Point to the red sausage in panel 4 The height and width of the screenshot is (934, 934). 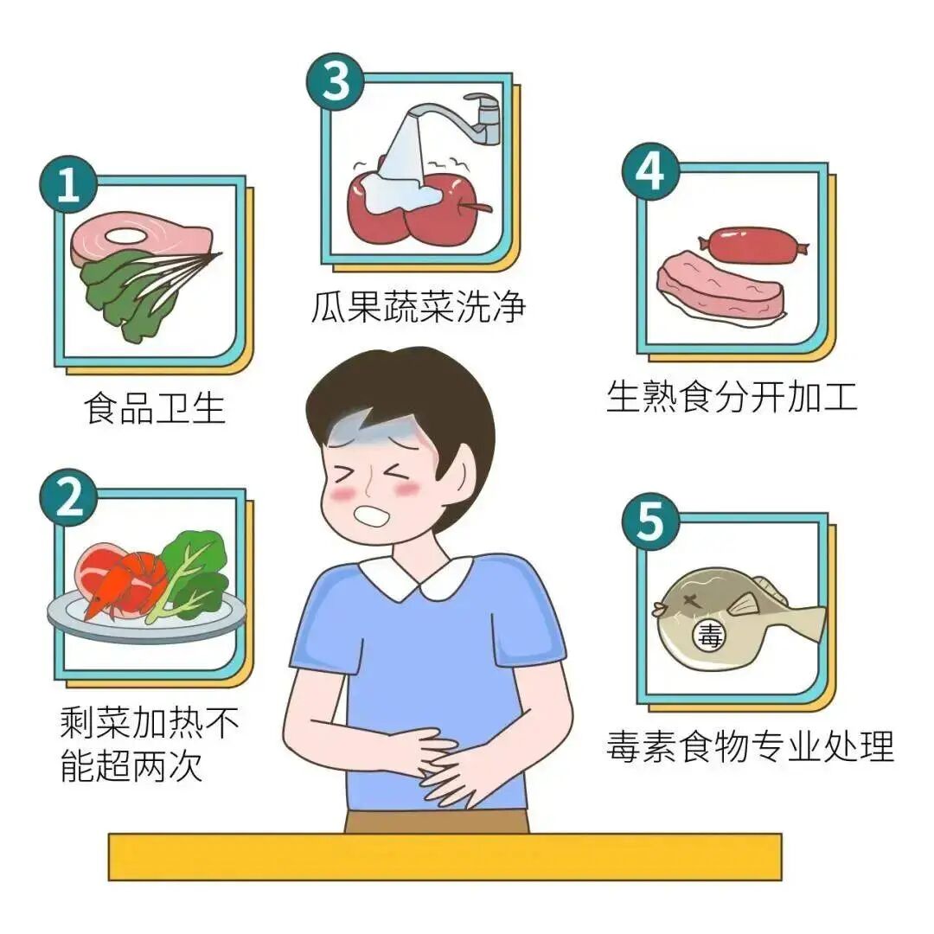click(x=752, y=245)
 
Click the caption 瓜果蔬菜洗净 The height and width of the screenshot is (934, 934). click(x=419, y=306)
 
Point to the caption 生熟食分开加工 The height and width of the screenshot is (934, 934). click(x=732, y=397)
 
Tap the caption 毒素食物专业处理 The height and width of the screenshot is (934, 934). click(x=750, y=746)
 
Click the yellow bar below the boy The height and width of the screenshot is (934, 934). click(x=445, y=856)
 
